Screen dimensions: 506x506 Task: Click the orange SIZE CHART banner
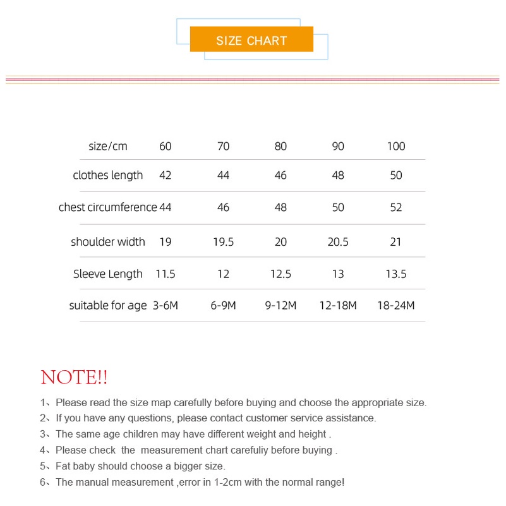pos(251,40)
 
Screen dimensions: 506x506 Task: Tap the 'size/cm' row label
pos(108,147)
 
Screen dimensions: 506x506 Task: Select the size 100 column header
pos(396,147)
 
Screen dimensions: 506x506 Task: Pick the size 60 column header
pos(166,147)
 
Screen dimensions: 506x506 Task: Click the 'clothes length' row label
pos(108,176)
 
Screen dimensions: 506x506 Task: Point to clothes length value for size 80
pos(281,176)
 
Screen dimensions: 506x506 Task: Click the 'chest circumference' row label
pos(107,208)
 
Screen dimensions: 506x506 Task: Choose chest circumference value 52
pos(396,208)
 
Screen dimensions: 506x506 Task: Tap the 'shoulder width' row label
pos(108,242)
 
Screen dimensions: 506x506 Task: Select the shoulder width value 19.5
pos(223,242)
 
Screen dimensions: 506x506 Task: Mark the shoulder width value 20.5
pos(338,242)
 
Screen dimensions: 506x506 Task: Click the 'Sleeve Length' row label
pos(108,274)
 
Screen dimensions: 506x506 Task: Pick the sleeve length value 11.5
pos(166,274)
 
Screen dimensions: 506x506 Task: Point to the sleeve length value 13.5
pos(396,274)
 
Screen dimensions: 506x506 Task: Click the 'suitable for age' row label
pos(108,306)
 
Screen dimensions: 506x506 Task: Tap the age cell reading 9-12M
pos(281,306)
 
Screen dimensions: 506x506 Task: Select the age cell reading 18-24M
pos(396,306)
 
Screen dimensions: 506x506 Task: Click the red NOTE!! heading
pos(74,378)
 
